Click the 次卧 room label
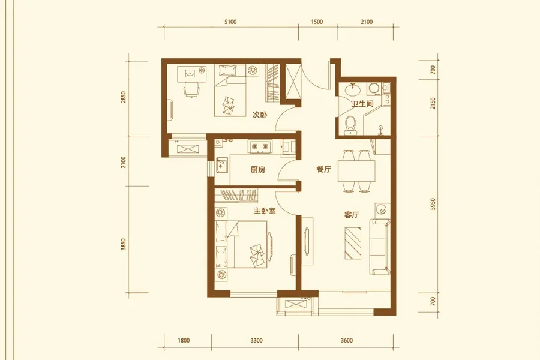tap(260, 115)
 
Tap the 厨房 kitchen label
tap(258, 169)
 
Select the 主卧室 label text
tap(265, 211)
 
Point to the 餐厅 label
tap(324, 169)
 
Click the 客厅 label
tap(352, 215)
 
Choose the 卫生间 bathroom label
tap(362, 103)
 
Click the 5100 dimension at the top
tap(230, 22)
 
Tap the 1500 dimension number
tap(317, 22)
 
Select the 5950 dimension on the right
tap(433, 204)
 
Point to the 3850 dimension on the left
tap(124, 244)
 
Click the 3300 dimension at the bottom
tap(257, 340)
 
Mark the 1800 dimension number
tap(184, 340)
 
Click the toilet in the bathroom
tap(350, 125)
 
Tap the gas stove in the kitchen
tap(260, 147)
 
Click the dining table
tap(356, 170)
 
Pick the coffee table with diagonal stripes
tap(353, 243)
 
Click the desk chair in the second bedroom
tap(191, 90)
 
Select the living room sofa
tap(380, 247)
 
